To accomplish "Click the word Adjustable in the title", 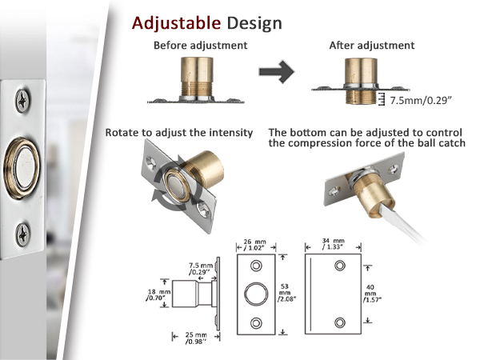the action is [x=176, y=23].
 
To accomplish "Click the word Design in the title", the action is [x=254, y=23].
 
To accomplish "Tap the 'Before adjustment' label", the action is [x=201, y=46].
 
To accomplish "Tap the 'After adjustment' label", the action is [x=372, y=46].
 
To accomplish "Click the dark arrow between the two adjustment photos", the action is [x=277, y=72].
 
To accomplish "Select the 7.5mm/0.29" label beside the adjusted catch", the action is [x=421, y=101].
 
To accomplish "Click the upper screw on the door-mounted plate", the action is [x=22, y=101].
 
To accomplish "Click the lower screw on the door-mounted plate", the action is [x=22, y=235].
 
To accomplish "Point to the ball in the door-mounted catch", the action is [x=23, y=168].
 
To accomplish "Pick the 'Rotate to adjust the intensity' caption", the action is [x=179, y=133].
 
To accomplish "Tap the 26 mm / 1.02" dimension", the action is [x=255, y=245].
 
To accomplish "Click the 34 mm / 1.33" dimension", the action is [x=333, y=244].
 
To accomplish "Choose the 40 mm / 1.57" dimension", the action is [x=372, y=294].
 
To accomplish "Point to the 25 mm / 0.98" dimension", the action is [x=196, y=338].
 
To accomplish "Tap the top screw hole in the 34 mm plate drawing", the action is [x=340, y=266].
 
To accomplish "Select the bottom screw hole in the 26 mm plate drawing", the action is [x=256, y=322].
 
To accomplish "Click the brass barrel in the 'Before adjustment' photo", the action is [x=197, y=77].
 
